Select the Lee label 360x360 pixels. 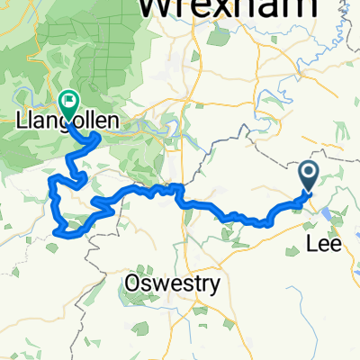(x=327, y=243)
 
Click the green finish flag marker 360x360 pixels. (x=67, y=102)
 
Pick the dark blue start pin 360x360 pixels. (x=307, y=175)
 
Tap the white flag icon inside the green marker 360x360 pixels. (x=67, y=100)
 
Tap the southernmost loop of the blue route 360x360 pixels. (x=65, y=233)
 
